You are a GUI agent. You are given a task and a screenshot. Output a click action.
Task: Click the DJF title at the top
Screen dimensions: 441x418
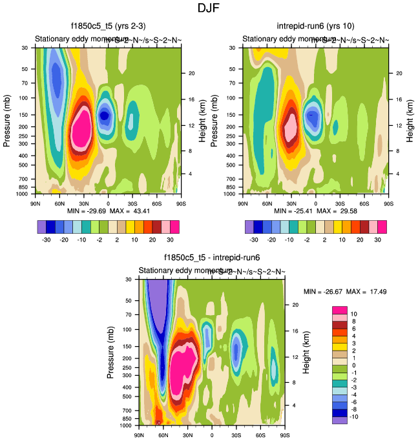(x=209, y=8)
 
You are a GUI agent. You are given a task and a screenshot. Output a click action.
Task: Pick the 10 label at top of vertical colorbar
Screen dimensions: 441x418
(x=354, y=313)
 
